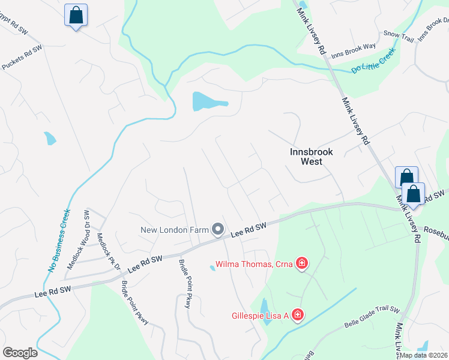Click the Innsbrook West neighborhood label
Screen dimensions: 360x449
click(311, 157)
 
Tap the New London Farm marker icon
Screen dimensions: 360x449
click(218, 229)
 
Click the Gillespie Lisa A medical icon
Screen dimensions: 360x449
click(297, 315)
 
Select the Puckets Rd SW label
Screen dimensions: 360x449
click(22, 58)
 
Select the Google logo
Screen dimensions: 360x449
click(20, 353)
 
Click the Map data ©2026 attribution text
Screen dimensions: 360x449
click(423, 355)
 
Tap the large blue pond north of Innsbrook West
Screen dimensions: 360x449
click(208, 101)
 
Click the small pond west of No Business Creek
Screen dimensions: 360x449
click(50, 139)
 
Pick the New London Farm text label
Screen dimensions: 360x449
click(174, 230)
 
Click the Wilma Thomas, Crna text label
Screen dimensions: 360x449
click(253, 264)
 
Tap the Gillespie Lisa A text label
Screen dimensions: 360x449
click(261, 316)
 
